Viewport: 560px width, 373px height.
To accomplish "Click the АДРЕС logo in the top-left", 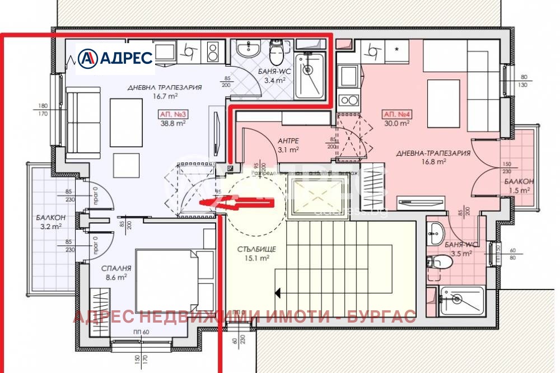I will point(115,57).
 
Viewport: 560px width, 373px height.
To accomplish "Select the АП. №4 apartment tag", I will point(396,114).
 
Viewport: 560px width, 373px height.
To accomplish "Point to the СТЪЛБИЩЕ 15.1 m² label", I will point(253,253).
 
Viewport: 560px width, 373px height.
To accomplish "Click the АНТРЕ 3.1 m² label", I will point(289,145).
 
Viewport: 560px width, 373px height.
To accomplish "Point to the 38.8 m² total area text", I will point(173,124).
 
